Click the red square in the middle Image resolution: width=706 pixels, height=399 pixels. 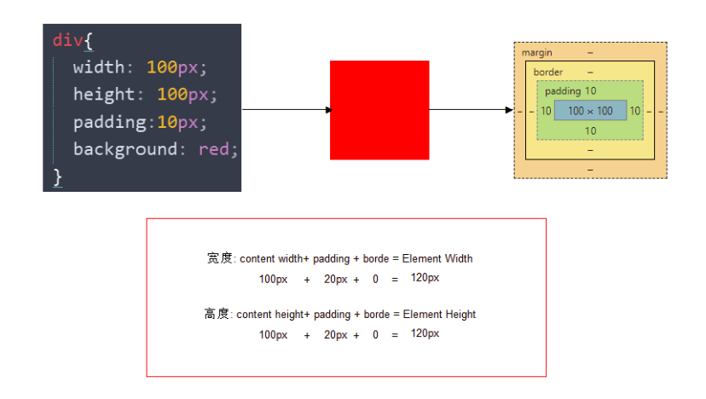click(x=379, y=110)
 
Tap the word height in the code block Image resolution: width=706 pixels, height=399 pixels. click(x=104, y=95)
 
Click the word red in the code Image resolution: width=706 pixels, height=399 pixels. click(x=214, y=149)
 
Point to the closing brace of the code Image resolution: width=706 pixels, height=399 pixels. click(x=58, y=176)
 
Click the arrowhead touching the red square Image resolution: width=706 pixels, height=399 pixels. click(x=328, y=110)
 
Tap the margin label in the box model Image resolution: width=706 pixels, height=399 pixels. click(x=537, y=53)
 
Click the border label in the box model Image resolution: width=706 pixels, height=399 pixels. click(x=548, y=72)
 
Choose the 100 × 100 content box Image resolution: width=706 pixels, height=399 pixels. click(x=590, y=111)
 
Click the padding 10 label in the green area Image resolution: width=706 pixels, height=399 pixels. click(x=570, y=91)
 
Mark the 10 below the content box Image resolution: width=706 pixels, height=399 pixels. click(x=590, y=130)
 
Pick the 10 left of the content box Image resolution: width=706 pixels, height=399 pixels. click(x=546, y=111)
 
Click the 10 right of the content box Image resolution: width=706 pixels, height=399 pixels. click(x=635, y=111)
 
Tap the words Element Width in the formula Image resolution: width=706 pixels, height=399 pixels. click(x=437, y=258)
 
